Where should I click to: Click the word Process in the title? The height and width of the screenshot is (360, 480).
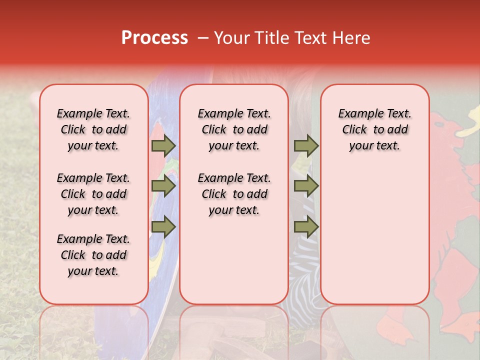[154, 38]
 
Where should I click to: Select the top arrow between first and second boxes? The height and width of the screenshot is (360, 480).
[163, 145]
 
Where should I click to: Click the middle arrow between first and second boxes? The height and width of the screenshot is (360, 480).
[163, 186]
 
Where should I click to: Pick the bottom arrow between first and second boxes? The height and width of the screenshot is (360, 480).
[163, 227]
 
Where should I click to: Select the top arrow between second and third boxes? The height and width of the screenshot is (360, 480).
[306, 145]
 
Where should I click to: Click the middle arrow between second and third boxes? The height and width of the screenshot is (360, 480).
[306, 186]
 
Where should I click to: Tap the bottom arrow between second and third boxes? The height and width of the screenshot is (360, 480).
[306, 227]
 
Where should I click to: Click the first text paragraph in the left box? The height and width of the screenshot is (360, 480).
[93, 129]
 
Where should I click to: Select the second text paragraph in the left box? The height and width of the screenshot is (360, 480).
[93, 194]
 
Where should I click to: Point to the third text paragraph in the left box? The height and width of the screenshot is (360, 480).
[93, 255]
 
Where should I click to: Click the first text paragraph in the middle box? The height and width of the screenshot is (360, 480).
[234, 129]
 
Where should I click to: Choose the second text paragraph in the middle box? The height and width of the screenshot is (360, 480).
[234, 194]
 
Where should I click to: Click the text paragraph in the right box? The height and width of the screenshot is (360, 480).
[374, 129]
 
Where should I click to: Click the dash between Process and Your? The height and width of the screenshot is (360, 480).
[202, 38]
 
